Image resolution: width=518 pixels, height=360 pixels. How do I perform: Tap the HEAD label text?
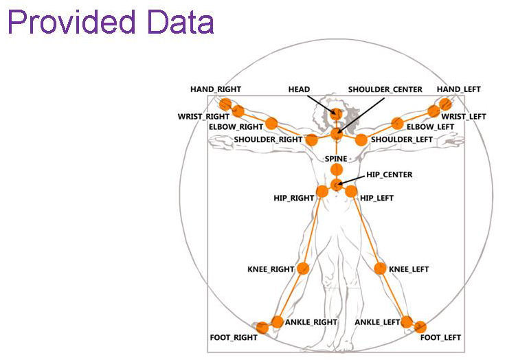(x=299, y=89)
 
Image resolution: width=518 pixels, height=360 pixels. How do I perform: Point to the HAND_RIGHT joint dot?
(x=225, y=104)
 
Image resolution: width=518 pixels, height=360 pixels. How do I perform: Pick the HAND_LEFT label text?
(x=459, y=89)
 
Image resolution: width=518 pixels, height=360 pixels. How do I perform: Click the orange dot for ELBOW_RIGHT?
(x=271, y=124)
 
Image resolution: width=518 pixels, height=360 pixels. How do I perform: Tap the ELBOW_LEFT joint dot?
(x=397, y=124)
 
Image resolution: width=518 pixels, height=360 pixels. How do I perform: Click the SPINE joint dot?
(x=336, y=169)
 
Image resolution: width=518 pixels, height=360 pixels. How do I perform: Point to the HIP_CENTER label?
(x=389, y=175)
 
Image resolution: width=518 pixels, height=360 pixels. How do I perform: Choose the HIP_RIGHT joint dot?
(x=322, y=192)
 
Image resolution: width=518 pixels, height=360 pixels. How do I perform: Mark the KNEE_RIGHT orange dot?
(x=303, y=268)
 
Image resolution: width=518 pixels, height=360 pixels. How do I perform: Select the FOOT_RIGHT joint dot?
(x=262, y=327)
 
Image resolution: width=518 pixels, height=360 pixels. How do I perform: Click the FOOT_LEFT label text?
(x=441, y=337)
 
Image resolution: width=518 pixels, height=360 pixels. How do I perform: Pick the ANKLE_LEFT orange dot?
(x=407, y=322)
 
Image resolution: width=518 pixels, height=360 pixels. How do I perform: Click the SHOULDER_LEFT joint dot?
(x=361, y=139)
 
